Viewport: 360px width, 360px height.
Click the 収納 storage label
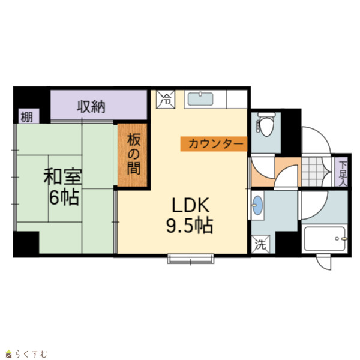click(x=91, y=107)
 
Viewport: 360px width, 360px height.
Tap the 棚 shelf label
click(x=26, y=118)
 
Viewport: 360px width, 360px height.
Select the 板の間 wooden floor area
click(x=133, y=155)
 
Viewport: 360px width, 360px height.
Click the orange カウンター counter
click(x=214, y=144)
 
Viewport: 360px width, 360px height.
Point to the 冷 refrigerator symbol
click(x=166, y=100)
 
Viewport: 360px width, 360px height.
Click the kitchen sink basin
click(x=200, y=99)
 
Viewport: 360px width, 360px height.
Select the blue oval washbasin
click(x=257, y=205)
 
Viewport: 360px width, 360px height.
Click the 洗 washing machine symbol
click(x=260, y=245)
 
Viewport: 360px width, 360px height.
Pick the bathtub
click(x=325, y=239)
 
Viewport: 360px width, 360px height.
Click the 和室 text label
click(x=62, y=176)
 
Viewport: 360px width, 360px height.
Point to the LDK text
click(x=191, y=205)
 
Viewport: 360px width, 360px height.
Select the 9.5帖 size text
click(x=190, y=226)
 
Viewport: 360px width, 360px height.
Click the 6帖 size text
click(x=64, y=197)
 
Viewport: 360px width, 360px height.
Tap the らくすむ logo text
click(x=31, y=354)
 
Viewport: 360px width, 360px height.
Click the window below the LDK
click(x=191, y=259)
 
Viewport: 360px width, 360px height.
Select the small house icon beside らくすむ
click(x=8, y=354)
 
